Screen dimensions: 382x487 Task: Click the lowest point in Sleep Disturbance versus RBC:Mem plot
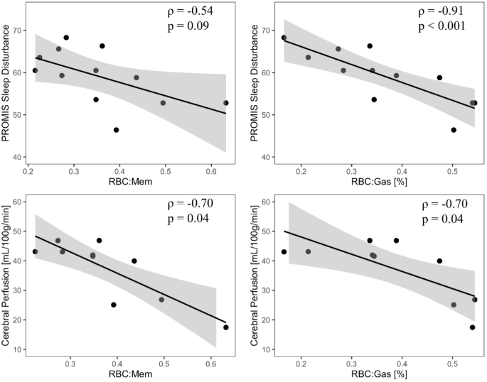pyautogui.click(x=116, y=130)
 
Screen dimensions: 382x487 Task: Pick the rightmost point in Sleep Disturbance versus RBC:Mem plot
pyautogui.click(x=226, y=103)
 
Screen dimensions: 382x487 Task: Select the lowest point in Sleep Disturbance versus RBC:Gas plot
pyautogui.click(x=454, y=130)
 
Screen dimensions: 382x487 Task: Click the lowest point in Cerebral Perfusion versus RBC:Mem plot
pyautogui.click(x=226, y=327)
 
